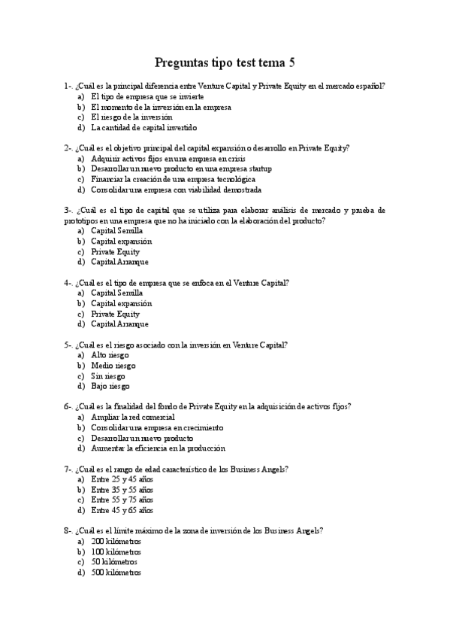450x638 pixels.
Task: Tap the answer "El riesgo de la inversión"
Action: point(131,117)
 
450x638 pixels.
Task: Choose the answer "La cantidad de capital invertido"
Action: point(143,128)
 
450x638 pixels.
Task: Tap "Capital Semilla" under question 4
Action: point(116,293)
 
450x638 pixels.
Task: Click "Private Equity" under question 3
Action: point(115,252)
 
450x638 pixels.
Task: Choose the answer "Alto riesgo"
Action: point(110,354)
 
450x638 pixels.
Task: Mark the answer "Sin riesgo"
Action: point(108,375)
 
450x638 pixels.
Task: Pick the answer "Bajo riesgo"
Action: point(110,386)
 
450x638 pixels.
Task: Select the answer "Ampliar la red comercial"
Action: point(133,417)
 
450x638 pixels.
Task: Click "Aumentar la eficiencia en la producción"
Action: point(158,448)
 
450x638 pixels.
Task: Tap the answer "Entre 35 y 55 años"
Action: point(122,489)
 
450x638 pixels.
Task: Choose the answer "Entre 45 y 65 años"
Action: point(122,510)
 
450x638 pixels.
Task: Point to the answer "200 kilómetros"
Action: point(116,541)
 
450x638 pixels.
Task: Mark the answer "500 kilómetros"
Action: point(116,573)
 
